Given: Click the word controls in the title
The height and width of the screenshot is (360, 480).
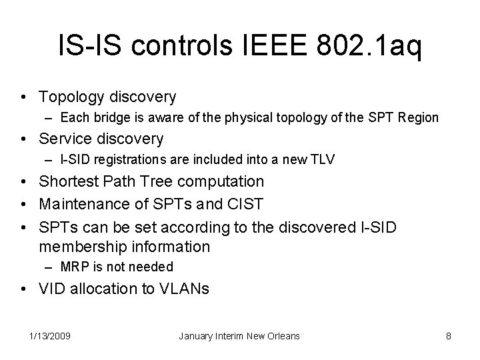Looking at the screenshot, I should point(182,49).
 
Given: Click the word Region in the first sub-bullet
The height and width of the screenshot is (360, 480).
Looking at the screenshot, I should point(418,118).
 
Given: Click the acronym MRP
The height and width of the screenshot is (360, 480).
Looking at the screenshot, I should point(71,267).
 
